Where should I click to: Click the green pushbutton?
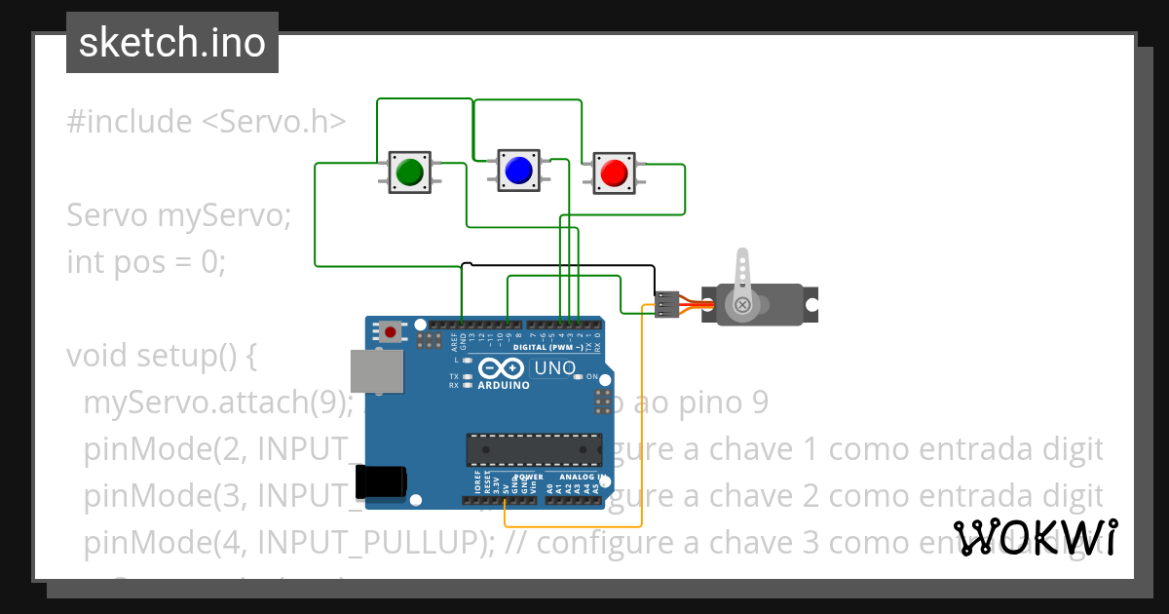click(409, 172)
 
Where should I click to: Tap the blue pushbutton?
click(517, 171)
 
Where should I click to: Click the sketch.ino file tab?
click(172, 43)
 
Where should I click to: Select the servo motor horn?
click(743, 283)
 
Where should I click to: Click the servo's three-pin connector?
click(667, 305)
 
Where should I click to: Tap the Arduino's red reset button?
click(391, 331)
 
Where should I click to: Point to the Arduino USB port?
click(376, 374)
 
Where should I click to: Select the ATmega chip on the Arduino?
click(533, 448)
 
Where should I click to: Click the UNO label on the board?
click(554, 368)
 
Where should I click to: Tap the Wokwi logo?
click(1035, 537)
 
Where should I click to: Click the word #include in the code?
click(129, 122)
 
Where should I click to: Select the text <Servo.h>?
click(274, 122)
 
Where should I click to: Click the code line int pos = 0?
click(146, 262)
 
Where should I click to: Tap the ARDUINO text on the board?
click(504, 385)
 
